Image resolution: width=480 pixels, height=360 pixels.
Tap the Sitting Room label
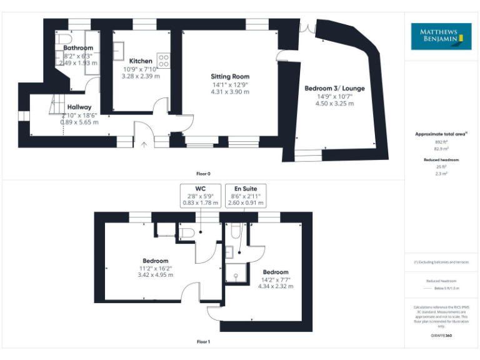tap(230, 76)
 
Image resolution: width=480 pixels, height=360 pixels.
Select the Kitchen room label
tap(141, 61)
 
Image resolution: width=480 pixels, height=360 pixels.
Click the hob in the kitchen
tap(164, 61)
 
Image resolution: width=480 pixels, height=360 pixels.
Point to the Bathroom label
tap(78, 47)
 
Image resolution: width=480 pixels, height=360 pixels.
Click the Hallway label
tap(79, 107)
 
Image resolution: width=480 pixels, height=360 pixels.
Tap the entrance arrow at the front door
tap(144, 145)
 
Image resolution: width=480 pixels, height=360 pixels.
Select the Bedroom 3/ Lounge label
tap(334, 88)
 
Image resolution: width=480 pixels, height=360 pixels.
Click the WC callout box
tap(200, 195)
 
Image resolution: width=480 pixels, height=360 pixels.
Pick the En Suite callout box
tap(250, 195)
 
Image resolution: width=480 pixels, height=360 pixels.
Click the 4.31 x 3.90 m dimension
tap(230, 92)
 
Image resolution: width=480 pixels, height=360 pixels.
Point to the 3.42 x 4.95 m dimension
tap(155, 276)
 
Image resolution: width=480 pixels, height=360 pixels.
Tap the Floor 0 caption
tap(204, 173)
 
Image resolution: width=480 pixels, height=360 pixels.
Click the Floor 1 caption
tap(204, 342)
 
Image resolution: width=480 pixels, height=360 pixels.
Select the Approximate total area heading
tap(441, 134)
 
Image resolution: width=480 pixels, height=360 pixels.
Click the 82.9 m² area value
tap(441, 149)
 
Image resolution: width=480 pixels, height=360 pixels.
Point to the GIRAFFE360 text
tap(441, 336)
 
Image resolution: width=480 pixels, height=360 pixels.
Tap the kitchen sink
tap(119, 50)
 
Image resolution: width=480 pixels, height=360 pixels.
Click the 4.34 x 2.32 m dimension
tap(276, 286)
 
